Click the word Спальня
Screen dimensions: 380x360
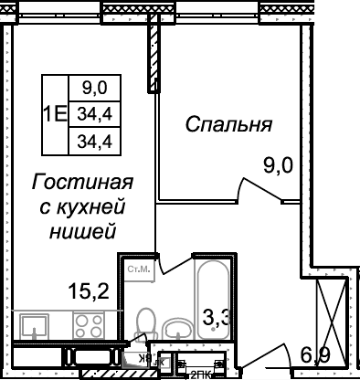(x=230, y=123)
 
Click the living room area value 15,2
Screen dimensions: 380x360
(x=89, y=291)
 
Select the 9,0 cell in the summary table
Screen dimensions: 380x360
(x=94, y=89)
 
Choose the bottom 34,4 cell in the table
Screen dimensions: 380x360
(x=94, y=141)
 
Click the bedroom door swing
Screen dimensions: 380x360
(x=259, y=187)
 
